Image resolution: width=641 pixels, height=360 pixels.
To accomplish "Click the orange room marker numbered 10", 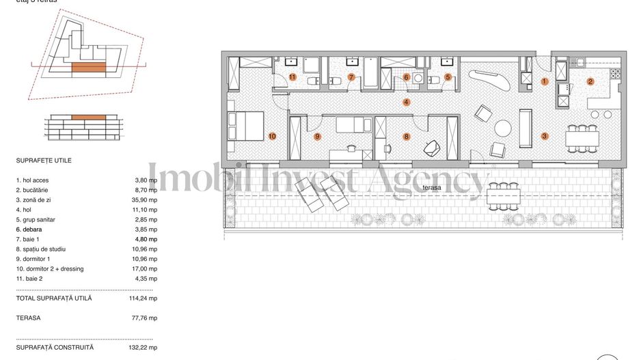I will (272, 136).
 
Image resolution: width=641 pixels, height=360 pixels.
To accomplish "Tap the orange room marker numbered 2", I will (590, 82).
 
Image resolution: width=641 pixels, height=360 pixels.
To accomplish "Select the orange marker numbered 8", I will (407, 136).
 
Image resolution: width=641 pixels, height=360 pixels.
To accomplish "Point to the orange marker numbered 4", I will (406, 102).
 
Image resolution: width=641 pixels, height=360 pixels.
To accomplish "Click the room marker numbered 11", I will (292, 77).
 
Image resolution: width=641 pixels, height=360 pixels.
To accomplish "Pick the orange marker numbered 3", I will (545, 136).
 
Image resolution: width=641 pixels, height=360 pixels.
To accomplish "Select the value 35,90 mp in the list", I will (146, 200).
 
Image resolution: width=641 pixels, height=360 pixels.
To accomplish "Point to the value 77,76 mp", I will (146, 318).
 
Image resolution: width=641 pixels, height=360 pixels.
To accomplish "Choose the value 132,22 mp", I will (145, 348).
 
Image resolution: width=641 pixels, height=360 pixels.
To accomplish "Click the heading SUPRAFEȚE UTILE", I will (44, 161).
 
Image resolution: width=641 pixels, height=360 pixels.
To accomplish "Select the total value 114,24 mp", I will (145, 299).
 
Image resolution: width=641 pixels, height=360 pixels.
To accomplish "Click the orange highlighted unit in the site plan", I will (88, 67).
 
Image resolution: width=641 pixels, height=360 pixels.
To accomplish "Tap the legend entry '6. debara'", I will (30, 230).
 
